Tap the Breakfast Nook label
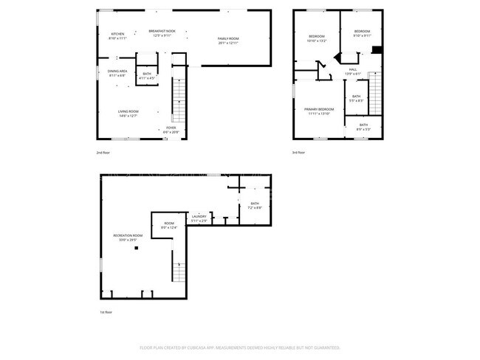click(162, 34)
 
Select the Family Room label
click(228, 40)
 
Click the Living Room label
click(128, 113)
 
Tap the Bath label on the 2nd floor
click(146, 75)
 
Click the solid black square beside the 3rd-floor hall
click(376, 50)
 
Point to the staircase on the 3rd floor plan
click(375, 96)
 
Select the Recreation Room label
click(127, 237)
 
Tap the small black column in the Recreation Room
click(136, 249)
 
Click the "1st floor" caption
click(106, 312)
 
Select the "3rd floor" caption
click(298, 152)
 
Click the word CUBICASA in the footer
click(198, 347)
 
